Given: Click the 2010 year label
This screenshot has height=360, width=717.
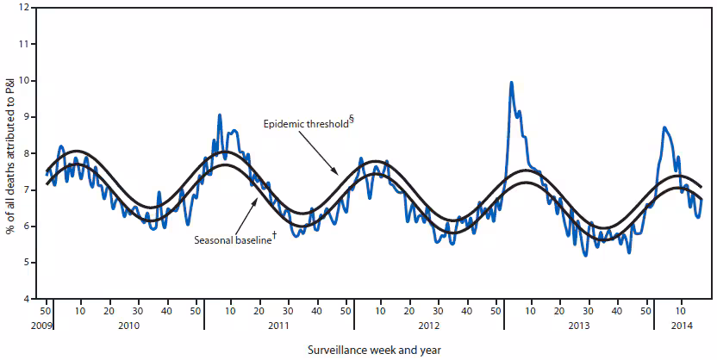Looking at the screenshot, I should pyautogui.click(x=129, y=325).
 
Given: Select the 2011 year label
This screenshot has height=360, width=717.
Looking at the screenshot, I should pyautogui.click(x=279, y=325).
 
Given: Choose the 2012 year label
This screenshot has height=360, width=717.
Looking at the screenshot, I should pyautogui.click(x=429, y=325).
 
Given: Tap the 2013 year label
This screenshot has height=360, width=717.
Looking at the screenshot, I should pyautogui.click(x=579, y=325).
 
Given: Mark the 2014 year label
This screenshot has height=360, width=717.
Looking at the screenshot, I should pyautogui.click(x=680, y=325).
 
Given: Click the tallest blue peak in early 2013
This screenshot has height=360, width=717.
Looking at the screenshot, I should pyautogui.click(x=511, y=83).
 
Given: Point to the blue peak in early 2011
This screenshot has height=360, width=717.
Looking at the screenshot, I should pyautogui.click(x=219, y=115).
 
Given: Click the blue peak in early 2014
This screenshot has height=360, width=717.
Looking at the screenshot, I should pyautogui.click(x=664, y=127).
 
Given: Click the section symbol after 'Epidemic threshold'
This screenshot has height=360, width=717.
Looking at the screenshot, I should pyautogui.click(x=352, y=121).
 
